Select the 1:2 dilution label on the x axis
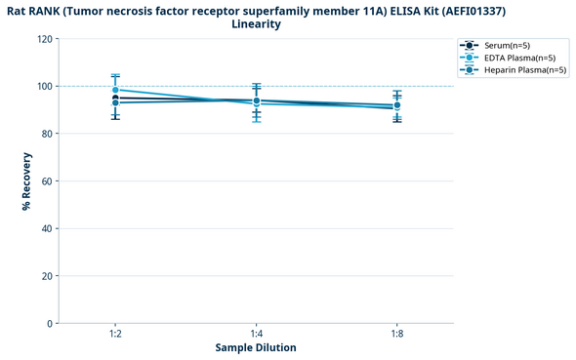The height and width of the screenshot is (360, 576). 115,334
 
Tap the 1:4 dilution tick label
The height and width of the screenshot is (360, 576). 256,334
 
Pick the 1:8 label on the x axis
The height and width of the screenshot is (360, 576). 396,334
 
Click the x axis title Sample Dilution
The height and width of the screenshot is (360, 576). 256,347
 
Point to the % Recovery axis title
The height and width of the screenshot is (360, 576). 26,181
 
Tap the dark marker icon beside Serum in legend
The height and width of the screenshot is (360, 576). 470,46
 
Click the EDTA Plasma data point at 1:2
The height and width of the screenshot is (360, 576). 115,90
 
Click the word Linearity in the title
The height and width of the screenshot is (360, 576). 256,23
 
